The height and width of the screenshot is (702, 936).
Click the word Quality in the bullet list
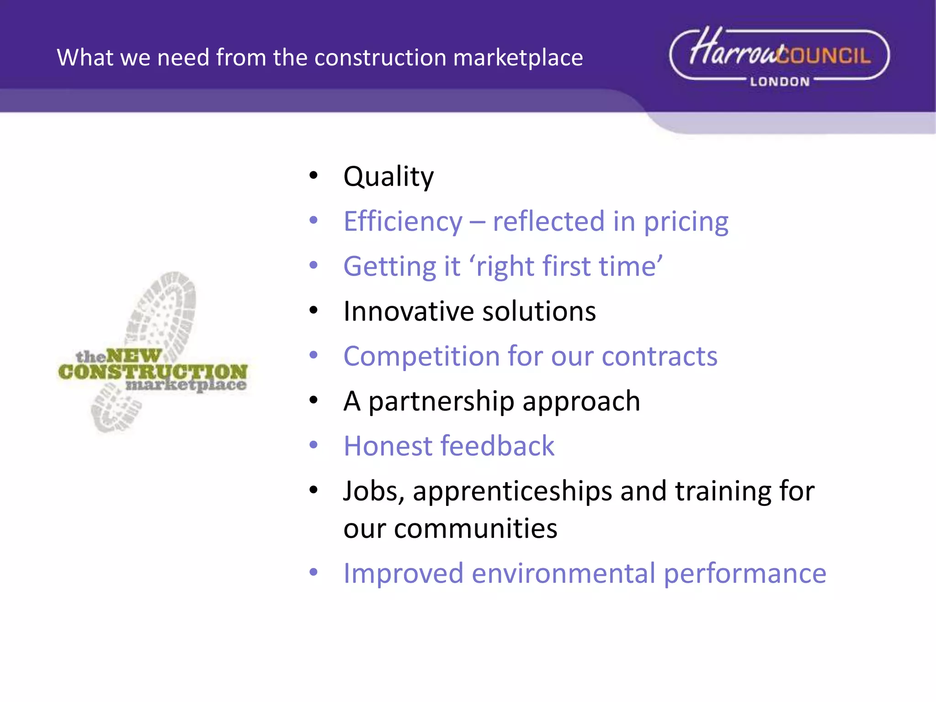(388, 177)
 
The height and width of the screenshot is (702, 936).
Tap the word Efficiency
(403, 222)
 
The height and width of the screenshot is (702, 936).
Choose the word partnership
(441, 402)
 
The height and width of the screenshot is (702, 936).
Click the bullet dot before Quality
(313, 175)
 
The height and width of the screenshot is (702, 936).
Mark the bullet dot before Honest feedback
(313, 445)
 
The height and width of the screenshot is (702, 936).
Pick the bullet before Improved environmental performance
(313, 572)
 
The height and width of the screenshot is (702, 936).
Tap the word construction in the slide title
(380, 58)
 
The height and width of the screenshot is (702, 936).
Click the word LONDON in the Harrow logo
(780, 82)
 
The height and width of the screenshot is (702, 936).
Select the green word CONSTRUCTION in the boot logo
(153, 372)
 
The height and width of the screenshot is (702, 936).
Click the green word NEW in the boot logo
(133, 356)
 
